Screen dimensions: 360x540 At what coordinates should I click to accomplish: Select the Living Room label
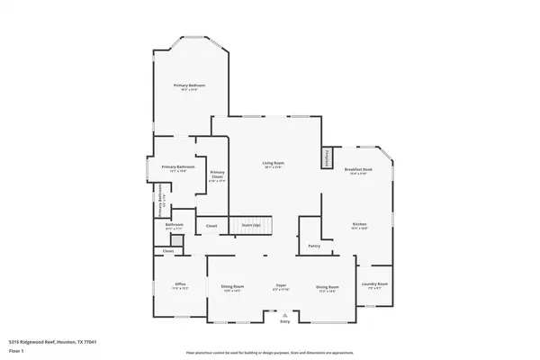tap(273, 164)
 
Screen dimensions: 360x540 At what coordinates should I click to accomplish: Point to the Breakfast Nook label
tap(358, 171)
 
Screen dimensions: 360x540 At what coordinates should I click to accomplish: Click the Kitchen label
tap(358, 226)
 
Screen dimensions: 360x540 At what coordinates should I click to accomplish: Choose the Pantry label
tap(313, 245)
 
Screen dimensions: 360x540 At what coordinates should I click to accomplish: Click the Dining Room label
tap(327, 288)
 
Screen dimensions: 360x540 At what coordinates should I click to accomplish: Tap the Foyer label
tap(281, 288)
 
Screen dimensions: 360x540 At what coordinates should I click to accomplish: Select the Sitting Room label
tap(232, 288)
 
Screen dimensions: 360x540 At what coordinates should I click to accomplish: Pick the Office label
tap(179, 288)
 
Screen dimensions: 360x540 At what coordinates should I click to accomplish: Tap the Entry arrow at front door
tap(285, 314)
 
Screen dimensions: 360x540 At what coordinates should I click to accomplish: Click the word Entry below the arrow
tap(285, 320)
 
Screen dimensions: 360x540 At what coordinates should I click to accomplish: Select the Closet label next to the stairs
tap(211, 225)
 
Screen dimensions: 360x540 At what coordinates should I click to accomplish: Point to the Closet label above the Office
tap(168, 250)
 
